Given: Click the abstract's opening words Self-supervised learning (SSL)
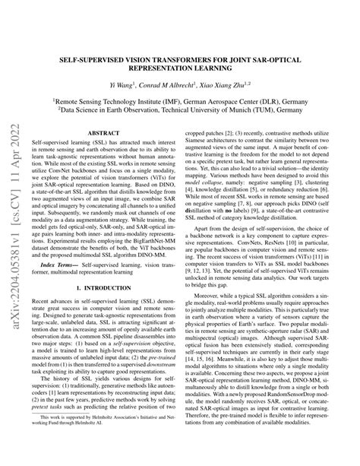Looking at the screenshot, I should pyautogui.click(x=64, y=143).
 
